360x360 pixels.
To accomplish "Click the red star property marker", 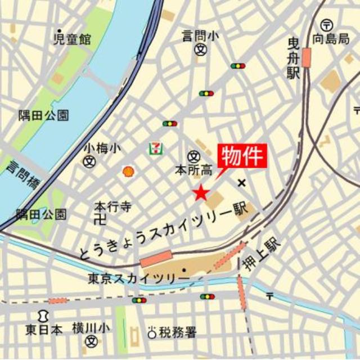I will pyautogui.click(x=201, y=193).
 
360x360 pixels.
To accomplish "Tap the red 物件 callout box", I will pyautogui.click(x=241, y=156).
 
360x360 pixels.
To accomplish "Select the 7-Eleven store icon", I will pyautogui.click(x=154, y=148).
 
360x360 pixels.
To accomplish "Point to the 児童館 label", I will pyautogui.click(x=71, y=39).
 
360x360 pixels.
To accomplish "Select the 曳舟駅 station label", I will pyautogui.click(x=292, y=58).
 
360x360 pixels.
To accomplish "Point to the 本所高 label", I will pyautogui.click(x=193, y=169).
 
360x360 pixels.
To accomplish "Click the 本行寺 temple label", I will pyautogui.click(x=112, y=206).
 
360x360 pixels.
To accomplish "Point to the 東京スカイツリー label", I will pyautogui.click(x=138, y=278).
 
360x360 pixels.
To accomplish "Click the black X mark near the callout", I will pyautogui.click(x=242, y=182).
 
